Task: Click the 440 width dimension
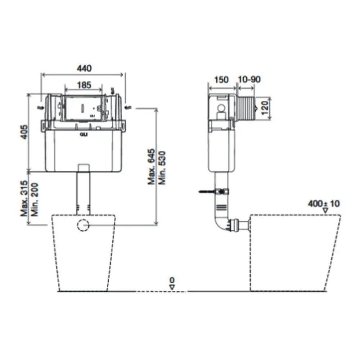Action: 84,68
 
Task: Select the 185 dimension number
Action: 84,85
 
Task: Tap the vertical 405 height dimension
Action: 24,132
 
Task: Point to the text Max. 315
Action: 24,198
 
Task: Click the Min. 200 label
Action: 35,199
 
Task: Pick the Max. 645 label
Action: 152,167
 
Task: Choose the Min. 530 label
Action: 162,168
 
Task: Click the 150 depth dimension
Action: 221,80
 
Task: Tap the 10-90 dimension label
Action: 249,80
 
